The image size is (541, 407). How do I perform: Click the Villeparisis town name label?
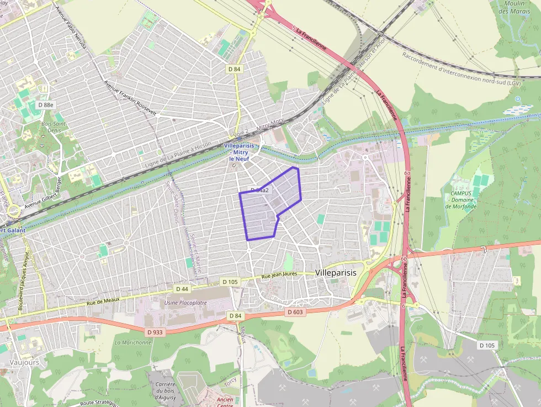click(x=336, y=273)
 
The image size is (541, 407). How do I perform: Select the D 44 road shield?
click(x=182, y=289)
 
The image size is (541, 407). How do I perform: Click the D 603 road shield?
click(x=295, y=312)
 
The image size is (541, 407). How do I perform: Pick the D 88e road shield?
click(x=46, y=104)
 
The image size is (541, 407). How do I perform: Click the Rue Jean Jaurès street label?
click(x=279, y=274)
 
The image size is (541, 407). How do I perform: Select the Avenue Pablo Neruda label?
click(x=72, y=28)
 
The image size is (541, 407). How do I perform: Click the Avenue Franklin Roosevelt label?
click(x=131, y=98)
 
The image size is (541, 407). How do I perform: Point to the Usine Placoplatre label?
click(x=185, y=303)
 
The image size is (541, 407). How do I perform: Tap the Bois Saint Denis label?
click(x=54, y=127)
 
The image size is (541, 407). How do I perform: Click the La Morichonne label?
click(x=132, y=342)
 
